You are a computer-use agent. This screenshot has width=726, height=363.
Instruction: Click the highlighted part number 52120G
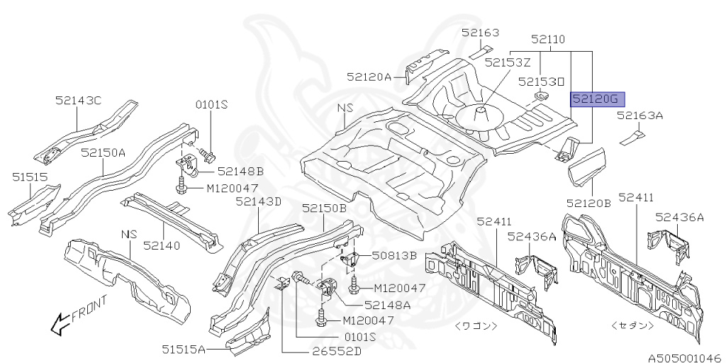click(x=596, y=99)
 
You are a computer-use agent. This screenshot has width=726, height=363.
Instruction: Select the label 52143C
click(x=78, y=101)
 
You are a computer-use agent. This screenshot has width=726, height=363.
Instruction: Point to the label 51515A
click(x=183, y=348)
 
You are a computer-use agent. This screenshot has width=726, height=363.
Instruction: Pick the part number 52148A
click(x=387, y=304)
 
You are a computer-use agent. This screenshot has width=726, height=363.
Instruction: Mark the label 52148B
click(x=240, y=171)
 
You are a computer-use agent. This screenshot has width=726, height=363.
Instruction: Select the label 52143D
click(x=259, y=201)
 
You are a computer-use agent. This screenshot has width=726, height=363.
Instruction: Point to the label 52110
click(x=548, y=40)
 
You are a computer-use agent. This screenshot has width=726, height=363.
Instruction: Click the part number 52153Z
click(x=508, y=62)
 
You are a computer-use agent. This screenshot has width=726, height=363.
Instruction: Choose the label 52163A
click(x=640, y=115)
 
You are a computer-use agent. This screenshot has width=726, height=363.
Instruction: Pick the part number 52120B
click(x=588, y=202)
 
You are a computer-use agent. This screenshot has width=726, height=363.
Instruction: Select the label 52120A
click(x=369, y=77)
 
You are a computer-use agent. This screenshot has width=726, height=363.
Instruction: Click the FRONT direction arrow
click(x=68, y=320)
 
